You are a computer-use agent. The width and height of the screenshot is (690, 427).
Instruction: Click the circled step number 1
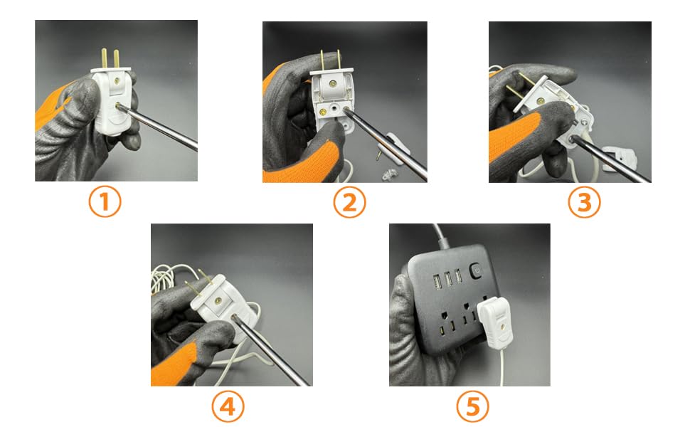coord(105,202)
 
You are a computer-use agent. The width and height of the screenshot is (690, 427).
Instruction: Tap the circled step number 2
coord(349,203)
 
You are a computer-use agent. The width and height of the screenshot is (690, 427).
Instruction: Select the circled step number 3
coord(583,203)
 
